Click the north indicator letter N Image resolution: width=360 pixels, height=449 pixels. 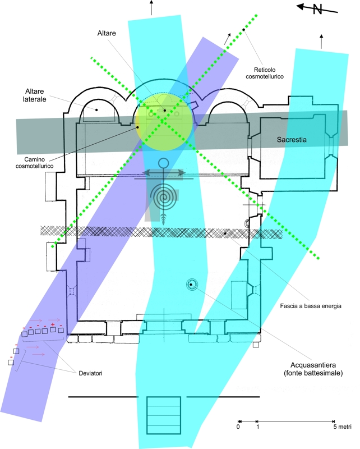[317, 9]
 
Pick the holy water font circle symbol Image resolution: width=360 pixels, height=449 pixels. [191, 285]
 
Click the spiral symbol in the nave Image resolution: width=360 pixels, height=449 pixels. [163, 197]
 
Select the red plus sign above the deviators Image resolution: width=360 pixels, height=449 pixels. [52, 325]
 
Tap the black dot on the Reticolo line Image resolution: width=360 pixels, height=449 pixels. [243, 29]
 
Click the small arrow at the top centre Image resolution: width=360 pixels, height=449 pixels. [150, 7]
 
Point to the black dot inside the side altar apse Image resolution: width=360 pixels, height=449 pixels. [96, 109]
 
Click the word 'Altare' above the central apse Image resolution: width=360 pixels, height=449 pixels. [105, 34]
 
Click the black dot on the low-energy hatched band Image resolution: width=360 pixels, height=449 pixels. [225, 233]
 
